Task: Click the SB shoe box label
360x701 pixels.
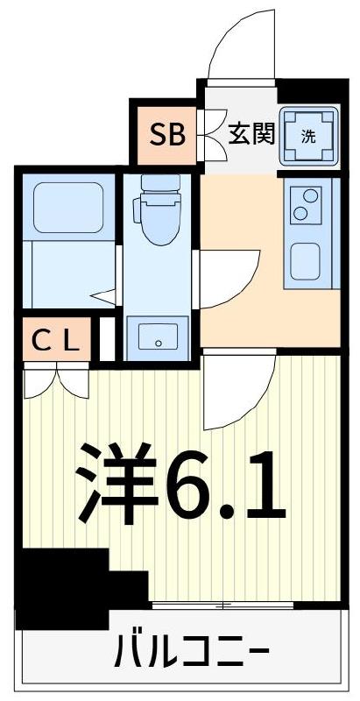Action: (166, 135)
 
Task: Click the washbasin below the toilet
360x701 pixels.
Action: (158, 336)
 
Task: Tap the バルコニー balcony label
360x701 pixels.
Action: (188, 652)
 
